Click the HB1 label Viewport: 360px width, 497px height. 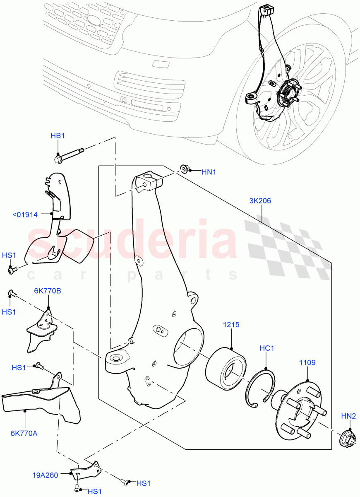58,136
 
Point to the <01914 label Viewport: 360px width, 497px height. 25,215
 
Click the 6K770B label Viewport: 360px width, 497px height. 48,291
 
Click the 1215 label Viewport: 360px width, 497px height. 231,325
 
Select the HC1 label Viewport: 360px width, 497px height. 267,348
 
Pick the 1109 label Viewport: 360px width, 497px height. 307,363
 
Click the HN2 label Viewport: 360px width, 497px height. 348,415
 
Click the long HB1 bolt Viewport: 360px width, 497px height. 70,154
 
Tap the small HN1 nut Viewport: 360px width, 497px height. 184,168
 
